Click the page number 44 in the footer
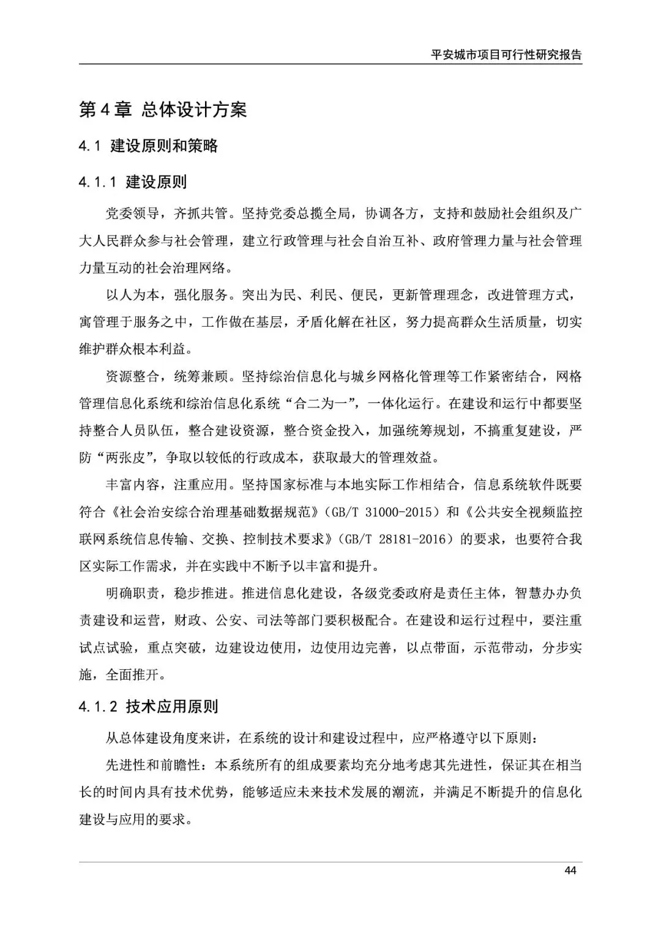(571, 870)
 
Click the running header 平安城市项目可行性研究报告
(506, 54)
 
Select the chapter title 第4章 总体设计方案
(163, 109)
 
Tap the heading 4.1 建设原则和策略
(148, 146)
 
